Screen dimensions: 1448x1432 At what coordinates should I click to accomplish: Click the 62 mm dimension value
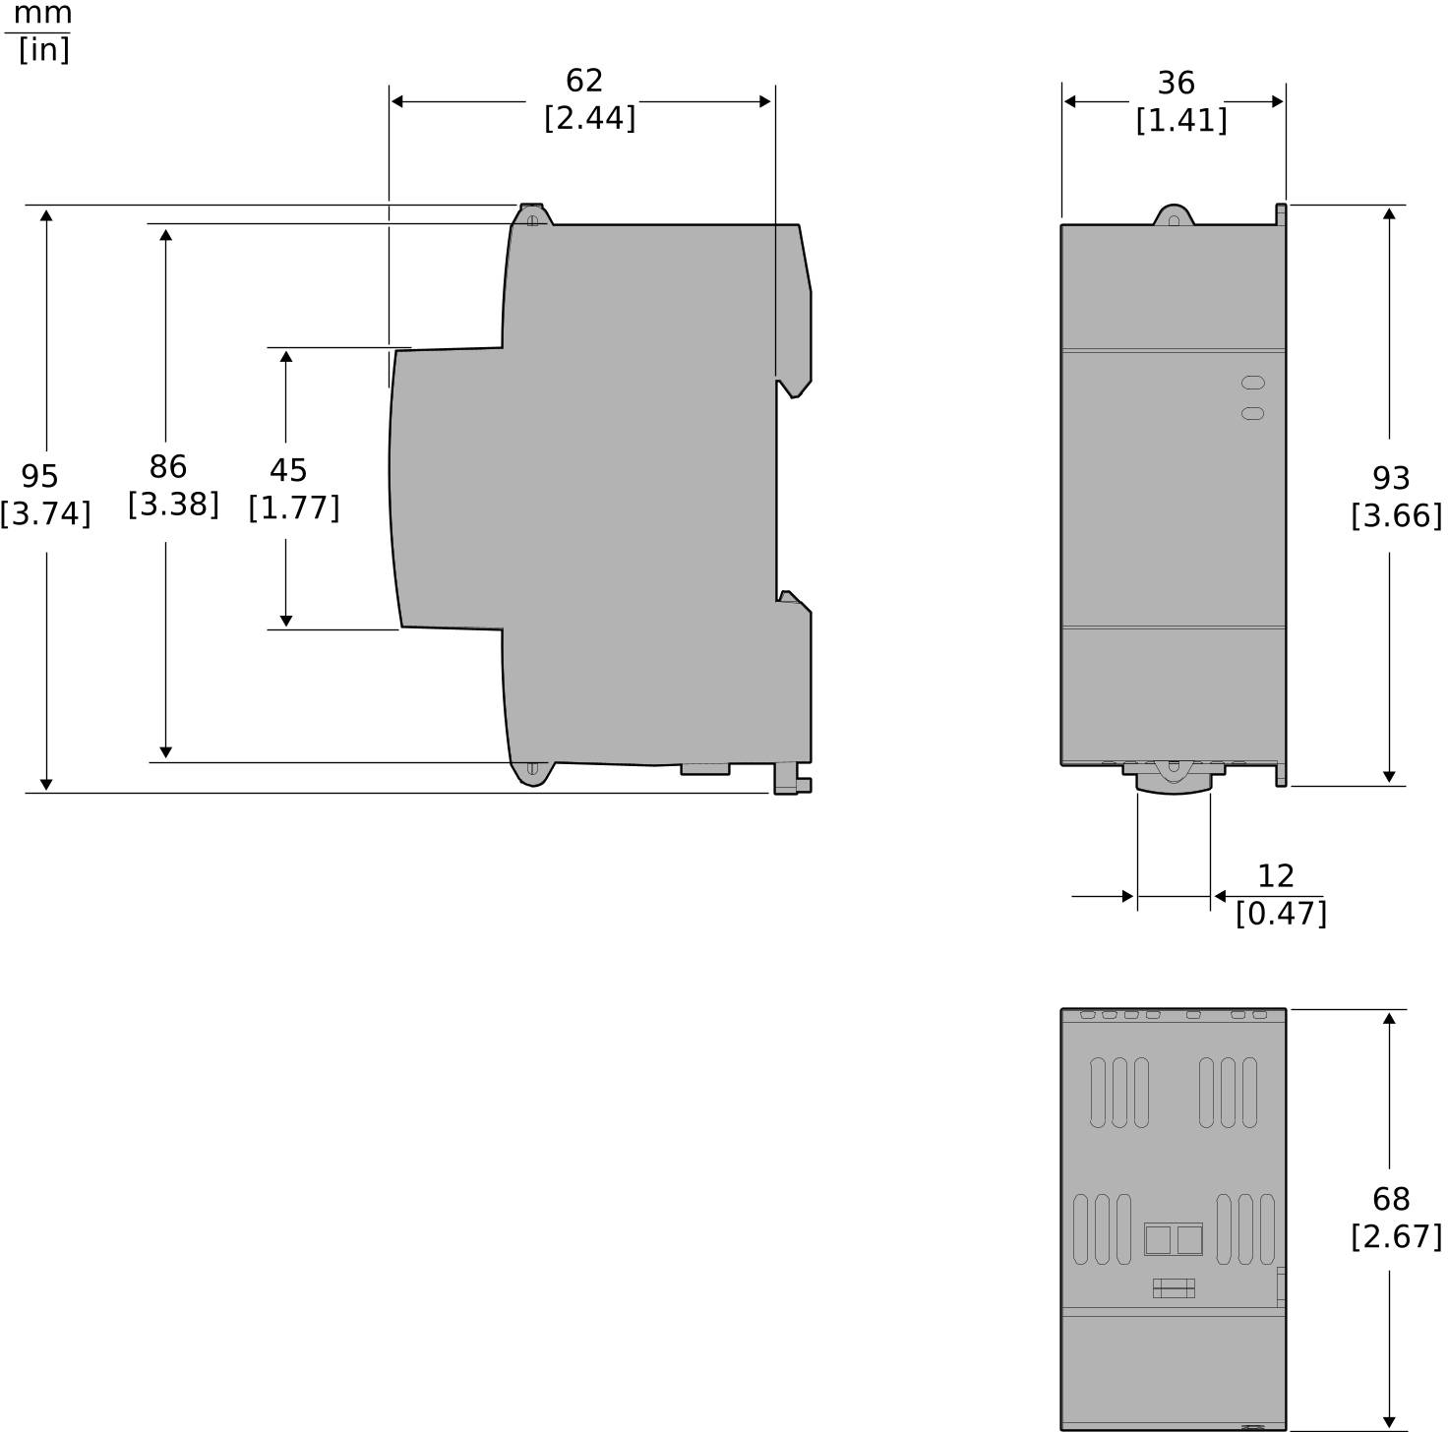tap(584, 81)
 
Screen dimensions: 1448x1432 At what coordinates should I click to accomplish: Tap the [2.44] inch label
tap(590, 118)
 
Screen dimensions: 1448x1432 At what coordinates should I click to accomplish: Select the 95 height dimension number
tap(39, 476)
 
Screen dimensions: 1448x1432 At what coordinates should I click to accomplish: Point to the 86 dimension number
tap(167, 466)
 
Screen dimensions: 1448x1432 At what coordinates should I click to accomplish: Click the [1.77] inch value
tap(294, 507)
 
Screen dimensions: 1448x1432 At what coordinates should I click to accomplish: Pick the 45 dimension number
tap(288, 470)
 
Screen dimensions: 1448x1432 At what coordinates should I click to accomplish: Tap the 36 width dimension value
tap(1176, 83)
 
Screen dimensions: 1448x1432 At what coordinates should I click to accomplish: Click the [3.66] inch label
tap(1396, 516)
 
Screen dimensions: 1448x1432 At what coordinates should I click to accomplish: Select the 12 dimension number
tap(1276, 876)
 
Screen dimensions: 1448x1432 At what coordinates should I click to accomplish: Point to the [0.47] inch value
tap(1281, 914)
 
